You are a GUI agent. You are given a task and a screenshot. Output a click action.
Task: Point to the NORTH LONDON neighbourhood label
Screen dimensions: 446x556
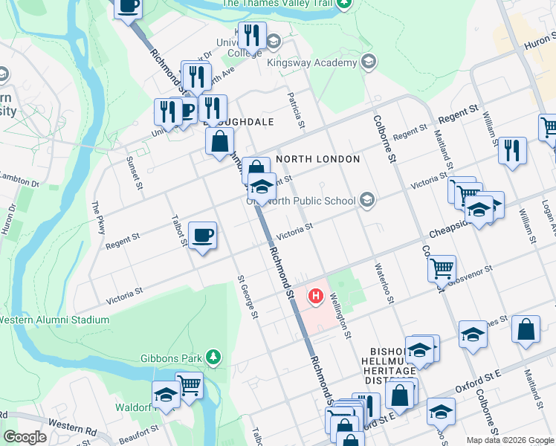318,159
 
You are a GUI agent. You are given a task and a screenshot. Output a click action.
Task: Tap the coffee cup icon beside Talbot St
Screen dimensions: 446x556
202,236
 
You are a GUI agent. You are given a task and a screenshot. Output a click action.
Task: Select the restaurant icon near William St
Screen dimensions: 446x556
511,149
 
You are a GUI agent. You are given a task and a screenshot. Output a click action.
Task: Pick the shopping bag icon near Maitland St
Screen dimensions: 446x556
526,331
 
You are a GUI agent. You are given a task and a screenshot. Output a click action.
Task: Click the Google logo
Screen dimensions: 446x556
25,437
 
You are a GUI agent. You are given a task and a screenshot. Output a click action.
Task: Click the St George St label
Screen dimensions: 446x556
247,297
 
